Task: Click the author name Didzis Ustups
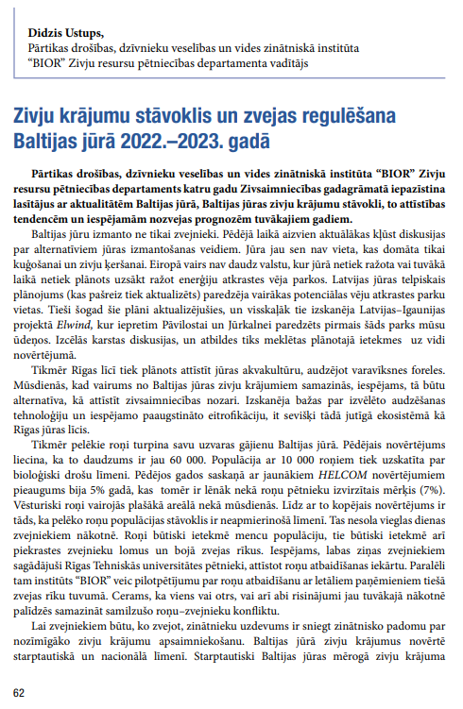pos(69,31)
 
